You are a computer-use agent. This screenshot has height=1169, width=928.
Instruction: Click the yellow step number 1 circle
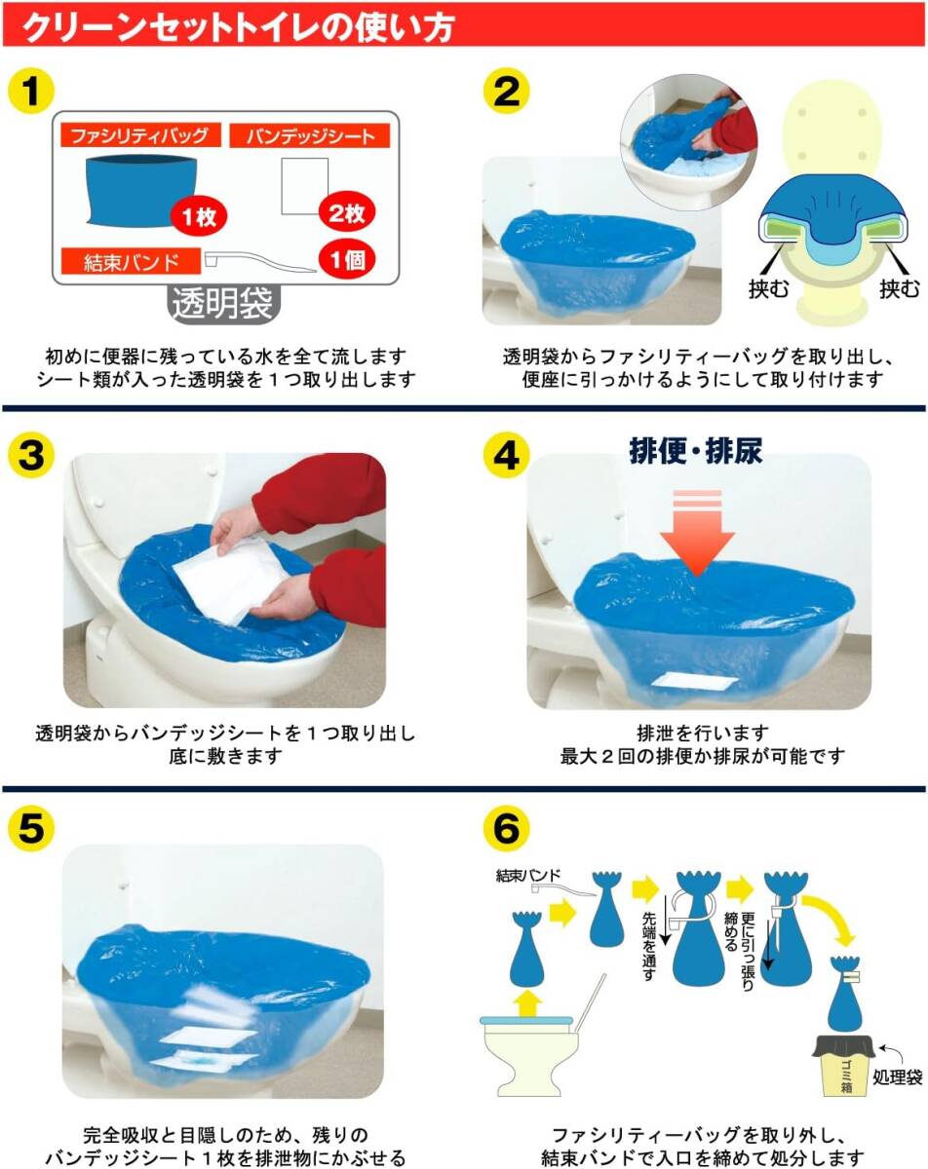click(31, 91)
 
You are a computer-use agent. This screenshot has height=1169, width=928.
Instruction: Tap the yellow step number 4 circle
click(506, 455)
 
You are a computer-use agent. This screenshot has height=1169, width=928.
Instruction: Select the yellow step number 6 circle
click(506, 828)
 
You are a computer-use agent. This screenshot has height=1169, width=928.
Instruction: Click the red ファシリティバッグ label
click(140, 134)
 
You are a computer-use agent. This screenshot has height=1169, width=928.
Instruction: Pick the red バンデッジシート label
click(309, 135)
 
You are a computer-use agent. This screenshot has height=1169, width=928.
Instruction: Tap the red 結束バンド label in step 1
click(131, 261)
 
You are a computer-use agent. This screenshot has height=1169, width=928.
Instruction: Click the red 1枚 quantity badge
click(199, 217)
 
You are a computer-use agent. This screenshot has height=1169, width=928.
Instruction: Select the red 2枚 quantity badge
click(347, 212)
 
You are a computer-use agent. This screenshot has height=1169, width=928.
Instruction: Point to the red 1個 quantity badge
click(347, 260)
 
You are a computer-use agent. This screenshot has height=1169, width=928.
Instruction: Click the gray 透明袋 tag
click(222, 303)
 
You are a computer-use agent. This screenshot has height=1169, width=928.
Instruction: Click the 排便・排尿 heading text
click(695, 451)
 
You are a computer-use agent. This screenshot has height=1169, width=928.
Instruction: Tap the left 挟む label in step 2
click(768, 288)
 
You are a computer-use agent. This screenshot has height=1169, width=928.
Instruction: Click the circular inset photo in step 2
click(689, 142)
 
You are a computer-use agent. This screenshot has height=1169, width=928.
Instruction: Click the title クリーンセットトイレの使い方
click(238, 26)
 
